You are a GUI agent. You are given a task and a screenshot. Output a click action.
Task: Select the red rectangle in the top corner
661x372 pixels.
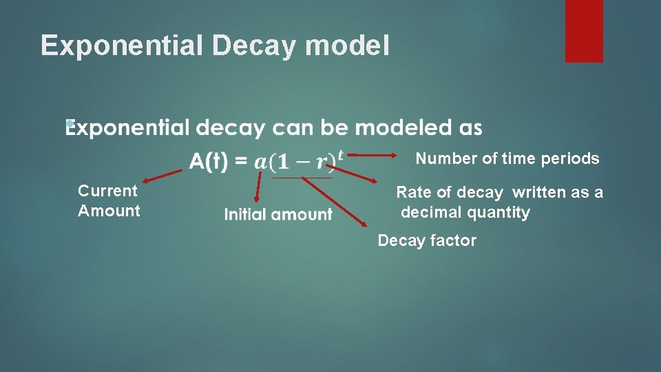[584, 30]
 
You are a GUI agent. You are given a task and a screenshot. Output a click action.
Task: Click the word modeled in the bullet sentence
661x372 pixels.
[393, 128]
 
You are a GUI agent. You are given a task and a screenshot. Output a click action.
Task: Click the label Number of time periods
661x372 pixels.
[507, 158]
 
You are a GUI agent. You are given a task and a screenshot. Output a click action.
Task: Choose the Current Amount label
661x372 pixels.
[109, 200]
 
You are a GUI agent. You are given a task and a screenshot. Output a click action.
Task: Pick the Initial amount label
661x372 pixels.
[278, 215]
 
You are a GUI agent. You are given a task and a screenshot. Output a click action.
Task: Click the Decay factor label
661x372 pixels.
[427, 240]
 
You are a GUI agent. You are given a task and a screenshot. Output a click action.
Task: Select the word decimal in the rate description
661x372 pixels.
[433, 212]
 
